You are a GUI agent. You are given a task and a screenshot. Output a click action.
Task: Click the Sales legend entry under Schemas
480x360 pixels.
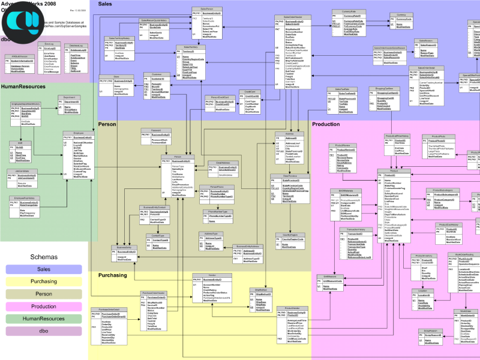coord(43,269)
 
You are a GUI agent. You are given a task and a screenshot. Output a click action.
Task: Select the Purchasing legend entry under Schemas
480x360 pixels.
coord(43,282)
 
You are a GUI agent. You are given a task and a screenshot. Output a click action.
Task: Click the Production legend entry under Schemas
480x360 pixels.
coord(43,307)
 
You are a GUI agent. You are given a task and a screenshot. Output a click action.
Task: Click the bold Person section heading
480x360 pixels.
coord(107,124)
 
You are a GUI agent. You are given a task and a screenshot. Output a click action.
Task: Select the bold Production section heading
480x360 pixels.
coord(326,124)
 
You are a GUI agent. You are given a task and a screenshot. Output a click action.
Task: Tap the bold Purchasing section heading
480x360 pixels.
coord(112,275)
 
